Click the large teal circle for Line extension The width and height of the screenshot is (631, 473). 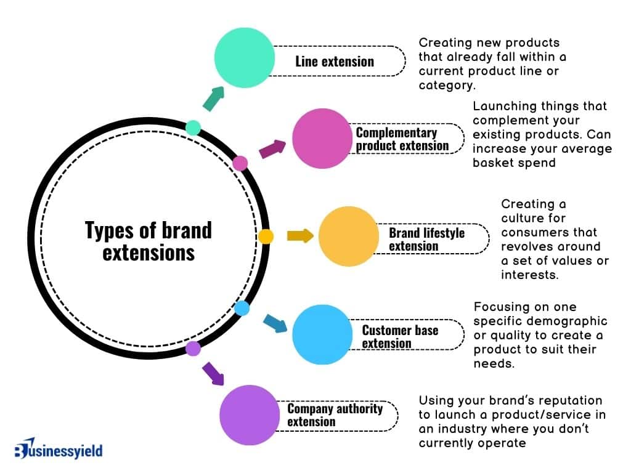244,57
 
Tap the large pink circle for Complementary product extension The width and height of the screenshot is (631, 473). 322,139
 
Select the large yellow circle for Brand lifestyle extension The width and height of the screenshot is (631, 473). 349,236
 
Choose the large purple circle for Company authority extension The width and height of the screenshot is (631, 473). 250,415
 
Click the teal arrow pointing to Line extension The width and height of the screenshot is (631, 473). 213,99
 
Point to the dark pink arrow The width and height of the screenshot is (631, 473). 272,149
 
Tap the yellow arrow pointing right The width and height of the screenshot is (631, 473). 300,236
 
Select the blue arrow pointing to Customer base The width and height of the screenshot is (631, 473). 275,323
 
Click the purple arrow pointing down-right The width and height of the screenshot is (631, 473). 213,374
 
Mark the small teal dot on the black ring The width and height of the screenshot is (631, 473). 193,127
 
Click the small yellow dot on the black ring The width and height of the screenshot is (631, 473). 266,236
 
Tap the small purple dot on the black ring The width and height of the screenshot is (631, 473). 193,349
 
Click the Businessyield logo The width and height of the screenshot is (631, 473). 59,450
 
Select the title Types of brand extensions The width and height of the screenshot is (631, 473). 148,241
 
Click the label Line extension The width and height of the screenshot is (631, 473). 335,61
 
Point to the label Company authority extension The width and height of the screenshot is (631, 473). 335,415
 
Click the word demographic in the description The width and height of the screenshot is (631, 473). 571,321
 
